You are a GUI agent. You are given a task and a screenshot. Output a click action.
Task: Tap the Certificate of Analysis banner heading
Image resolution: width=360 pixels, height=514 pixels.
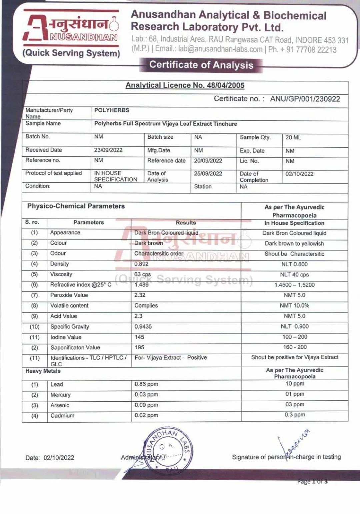point(201,65)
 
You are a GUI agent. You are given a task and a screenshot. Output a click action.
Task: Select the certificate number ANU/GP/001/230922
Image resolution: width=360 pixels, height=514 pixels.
point(305,99)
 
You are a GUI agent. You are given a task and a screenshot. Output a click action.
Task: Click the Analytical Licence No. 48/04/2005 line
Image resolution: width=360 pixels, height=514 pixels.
point(185,85)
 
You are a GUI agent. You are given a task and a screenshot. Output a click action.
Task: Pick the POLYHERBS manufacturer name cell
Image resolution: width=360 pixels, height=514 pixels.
point(112,110)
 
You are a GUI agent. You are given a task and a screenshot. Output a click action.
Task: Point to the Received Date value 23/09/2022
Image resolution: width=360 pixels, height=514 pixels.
point(108,150)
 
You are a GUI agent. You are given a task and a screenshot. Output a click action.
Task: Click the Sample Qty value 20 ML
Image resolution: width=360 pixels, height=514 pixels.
point(293,137)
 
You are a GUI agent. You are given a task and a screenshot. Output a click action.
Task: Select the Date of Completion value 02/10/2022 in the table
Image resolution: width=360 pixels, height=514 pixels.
point(299,174)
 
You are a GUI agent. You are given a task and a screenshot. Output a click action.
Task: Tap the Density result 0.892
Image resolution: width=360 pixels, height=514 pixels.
point(141,264)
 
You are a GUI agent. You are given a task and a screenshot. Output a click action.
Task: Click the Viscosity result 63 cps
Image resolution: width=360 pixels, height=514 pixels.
point(142,275)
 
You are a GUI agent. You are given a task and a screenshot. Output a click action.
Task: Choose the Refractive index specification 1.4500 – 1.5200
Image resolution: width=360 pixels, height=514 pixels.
point(294,285)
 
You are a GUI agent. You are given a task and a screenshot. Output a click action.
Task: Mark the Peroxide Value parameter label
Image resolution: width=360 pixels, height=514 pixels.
point(69,295)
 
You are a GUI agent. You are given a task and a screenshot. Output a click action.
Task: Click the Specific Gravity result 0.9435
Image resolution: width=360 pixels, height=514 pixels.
point(143,327)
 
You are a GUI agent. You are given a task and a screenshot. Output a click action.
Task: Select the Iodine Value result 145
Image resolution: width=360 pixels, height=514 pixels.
point(139,337)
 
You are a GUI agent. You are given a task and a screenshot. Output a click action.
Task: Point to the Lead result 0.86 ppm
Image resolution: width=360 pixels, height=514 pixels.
point(146,384)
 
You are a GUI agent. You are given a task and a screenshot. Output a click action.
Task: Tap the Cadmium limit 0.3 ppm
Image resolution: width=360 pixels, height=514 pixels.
point(294,415)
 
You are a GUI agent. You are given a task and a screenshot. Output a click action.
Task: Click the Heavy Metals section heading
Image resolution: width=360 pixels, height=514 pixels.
point(43,371)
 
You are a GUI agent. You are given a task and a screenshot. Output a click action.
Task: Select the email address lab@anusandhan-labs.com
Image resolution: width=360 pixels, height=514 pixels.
point(220,49)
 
